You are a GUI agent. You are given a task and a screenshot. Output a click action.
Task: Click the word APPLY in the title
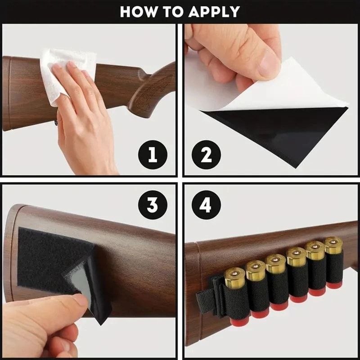(214, 11)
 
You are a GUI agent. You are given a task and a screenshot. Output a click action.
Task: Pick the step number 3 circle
(153, 205)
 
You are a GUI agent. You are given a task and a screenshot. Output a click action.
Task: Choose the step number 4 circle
(206, 205)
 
